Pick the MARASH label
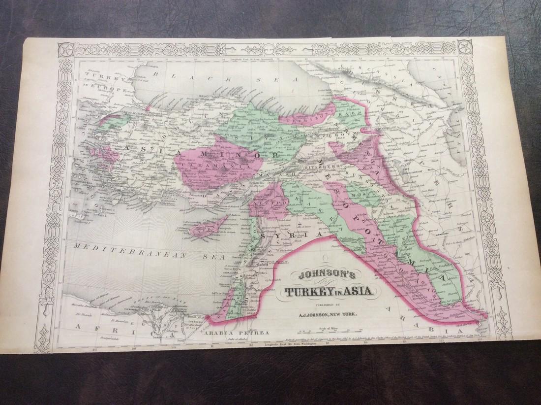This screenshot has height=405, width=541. (281, 174)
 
